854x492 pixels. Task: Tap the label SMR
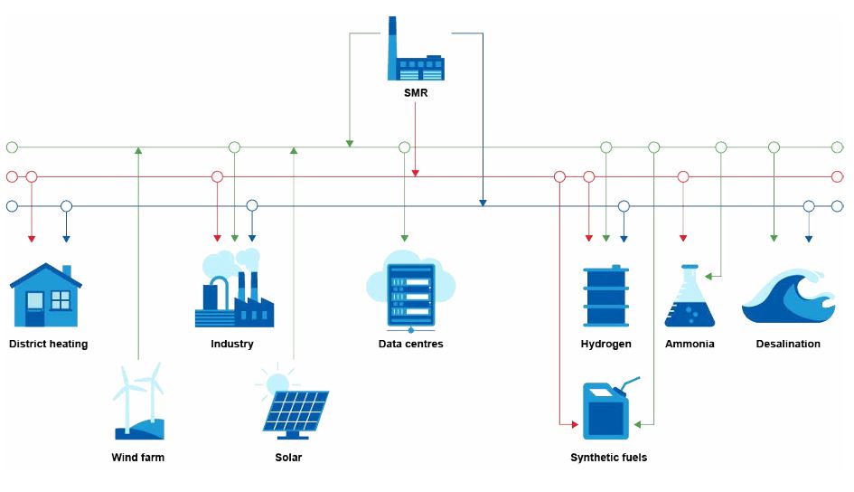click(416, 91)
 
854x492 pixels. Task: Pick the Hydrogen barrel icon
click(605, 295)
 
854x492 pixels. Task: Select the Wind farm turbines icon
click(139, 401)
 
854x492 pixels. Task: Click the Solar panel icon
click(294, 408)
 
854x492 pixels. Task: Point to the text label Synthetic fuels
click(608, 458)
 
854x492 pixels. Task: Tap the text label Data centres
click(410, 344)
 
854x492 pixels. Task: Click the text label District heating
click(48, 344)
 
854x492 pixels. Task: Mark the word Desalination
click(788, 344)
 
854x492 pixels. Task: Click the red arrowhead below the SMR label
click(415, 171)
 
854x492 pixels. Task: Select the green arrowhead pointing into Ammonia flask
click(709, 275)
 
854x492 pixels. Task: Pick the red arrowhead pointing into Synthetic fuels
click(573, 423)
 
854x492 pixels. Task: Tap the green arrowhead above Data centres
click(404, 238)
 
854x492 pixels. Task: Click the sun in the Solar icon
click(276, 381)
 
